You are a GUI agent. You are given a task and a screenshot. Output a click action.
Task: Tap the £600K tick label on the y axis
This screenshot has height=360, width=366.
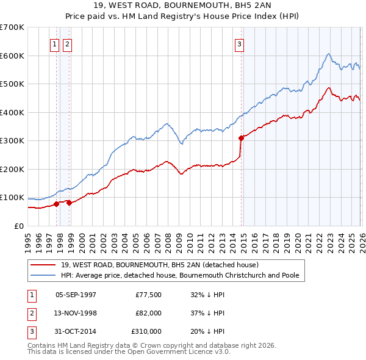click(x=12, y=56)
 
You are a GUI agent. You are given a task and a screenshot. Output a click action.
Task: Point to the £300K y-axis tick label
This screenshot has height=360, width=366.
click(x=12, y=141)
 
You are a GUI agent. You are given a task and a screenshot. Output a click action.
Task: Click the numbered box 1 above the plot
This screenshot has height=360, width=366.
click(x=54, y=44)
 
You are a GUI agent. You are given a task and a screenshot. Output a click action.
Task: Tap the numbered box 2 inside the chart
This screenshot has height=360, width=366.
click(x=66, y=44)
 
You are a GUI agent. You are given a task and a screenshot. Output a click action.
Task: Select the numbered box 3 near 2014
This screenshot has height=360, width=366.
click(x=240, y=44)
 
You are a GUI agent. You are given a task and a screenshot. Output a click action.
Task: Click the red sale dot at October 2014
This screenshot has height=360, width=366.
click(x=242, y=138)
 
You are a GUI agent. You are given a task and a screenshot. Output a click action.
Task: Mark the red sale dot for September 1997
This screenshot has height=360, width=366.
click(x=56, y=204)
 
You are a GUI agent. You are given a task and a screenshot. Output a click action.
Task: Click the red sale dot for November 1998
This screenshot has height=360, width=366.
click(x=69, y=203)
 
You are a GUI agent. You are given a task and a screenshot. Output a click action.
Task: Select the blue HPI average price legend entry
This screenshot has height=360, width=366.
click(x=179, y=275)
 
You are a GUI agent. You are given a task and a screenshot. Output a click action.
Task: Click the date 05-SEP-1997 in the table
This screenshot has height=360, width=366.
click(x=76, y=294)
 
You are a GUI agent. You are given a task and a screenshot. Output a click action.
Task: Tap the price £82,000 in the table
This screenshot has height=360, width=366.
click(x=149, y=313)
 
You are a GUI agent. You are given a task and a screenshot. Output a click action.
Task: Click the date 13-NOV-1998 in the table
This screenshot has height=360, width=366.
click(x=76, y=313)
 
